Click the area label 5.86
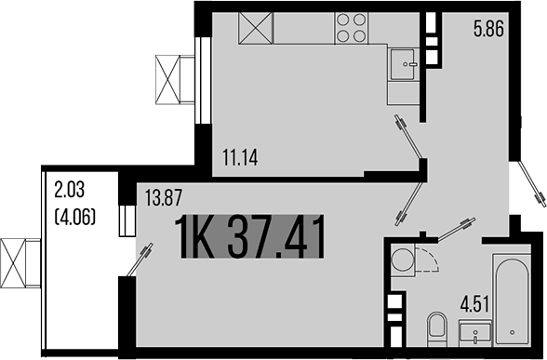(x=488, y=29)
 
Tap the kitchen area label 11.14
(x=240, y=156)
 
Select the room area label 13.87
(x=163, y=196)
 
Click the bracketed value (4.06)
(x=74, y=220)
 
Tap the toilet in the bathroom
(x=436, y=331)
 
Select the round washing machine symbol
(x=402, y=260)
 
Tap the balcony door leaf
(x=137, y=260)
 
